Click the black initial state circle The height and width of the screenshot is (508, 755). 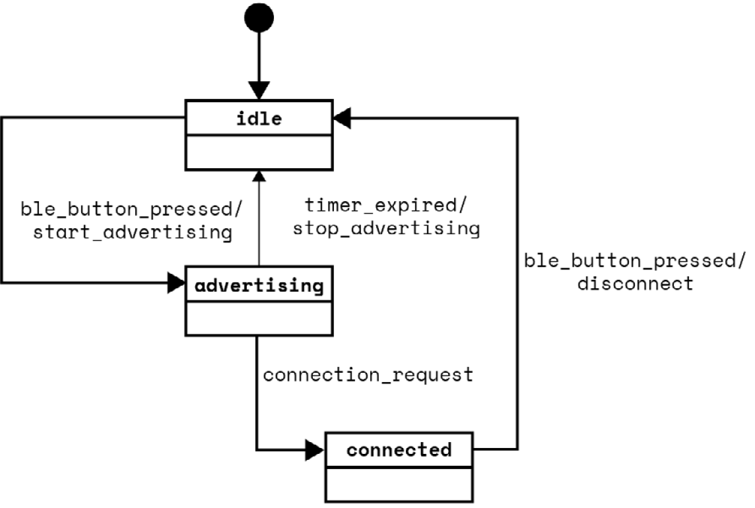(x=258, y=16)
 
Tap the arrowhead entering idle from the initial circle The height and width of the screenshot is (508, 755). (x=258, y=91)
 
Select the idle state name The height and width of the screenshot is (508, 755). (x=258, y=119)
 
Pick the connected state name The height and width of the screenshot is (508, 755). (x=399, y=450)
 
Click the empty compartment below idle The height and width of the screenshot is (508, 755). (x=258, y=152)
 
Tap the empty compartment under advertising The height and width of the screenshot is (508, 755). (x=259, y=319)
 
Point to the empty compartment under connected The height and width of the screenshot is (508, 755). (x=399, y=484)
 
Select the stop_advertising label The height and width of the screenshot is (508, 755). (x=386, y=230)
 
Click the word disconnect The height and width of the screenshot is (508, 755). (x=635, y=284)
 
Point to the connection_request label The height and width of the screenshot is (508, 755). (x=368, y=375)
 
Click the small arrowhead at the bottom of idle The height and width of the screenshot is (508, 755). (x=259, y=175)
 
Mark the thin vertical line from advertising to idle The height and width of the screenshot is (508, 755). (x=259, y=224)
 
